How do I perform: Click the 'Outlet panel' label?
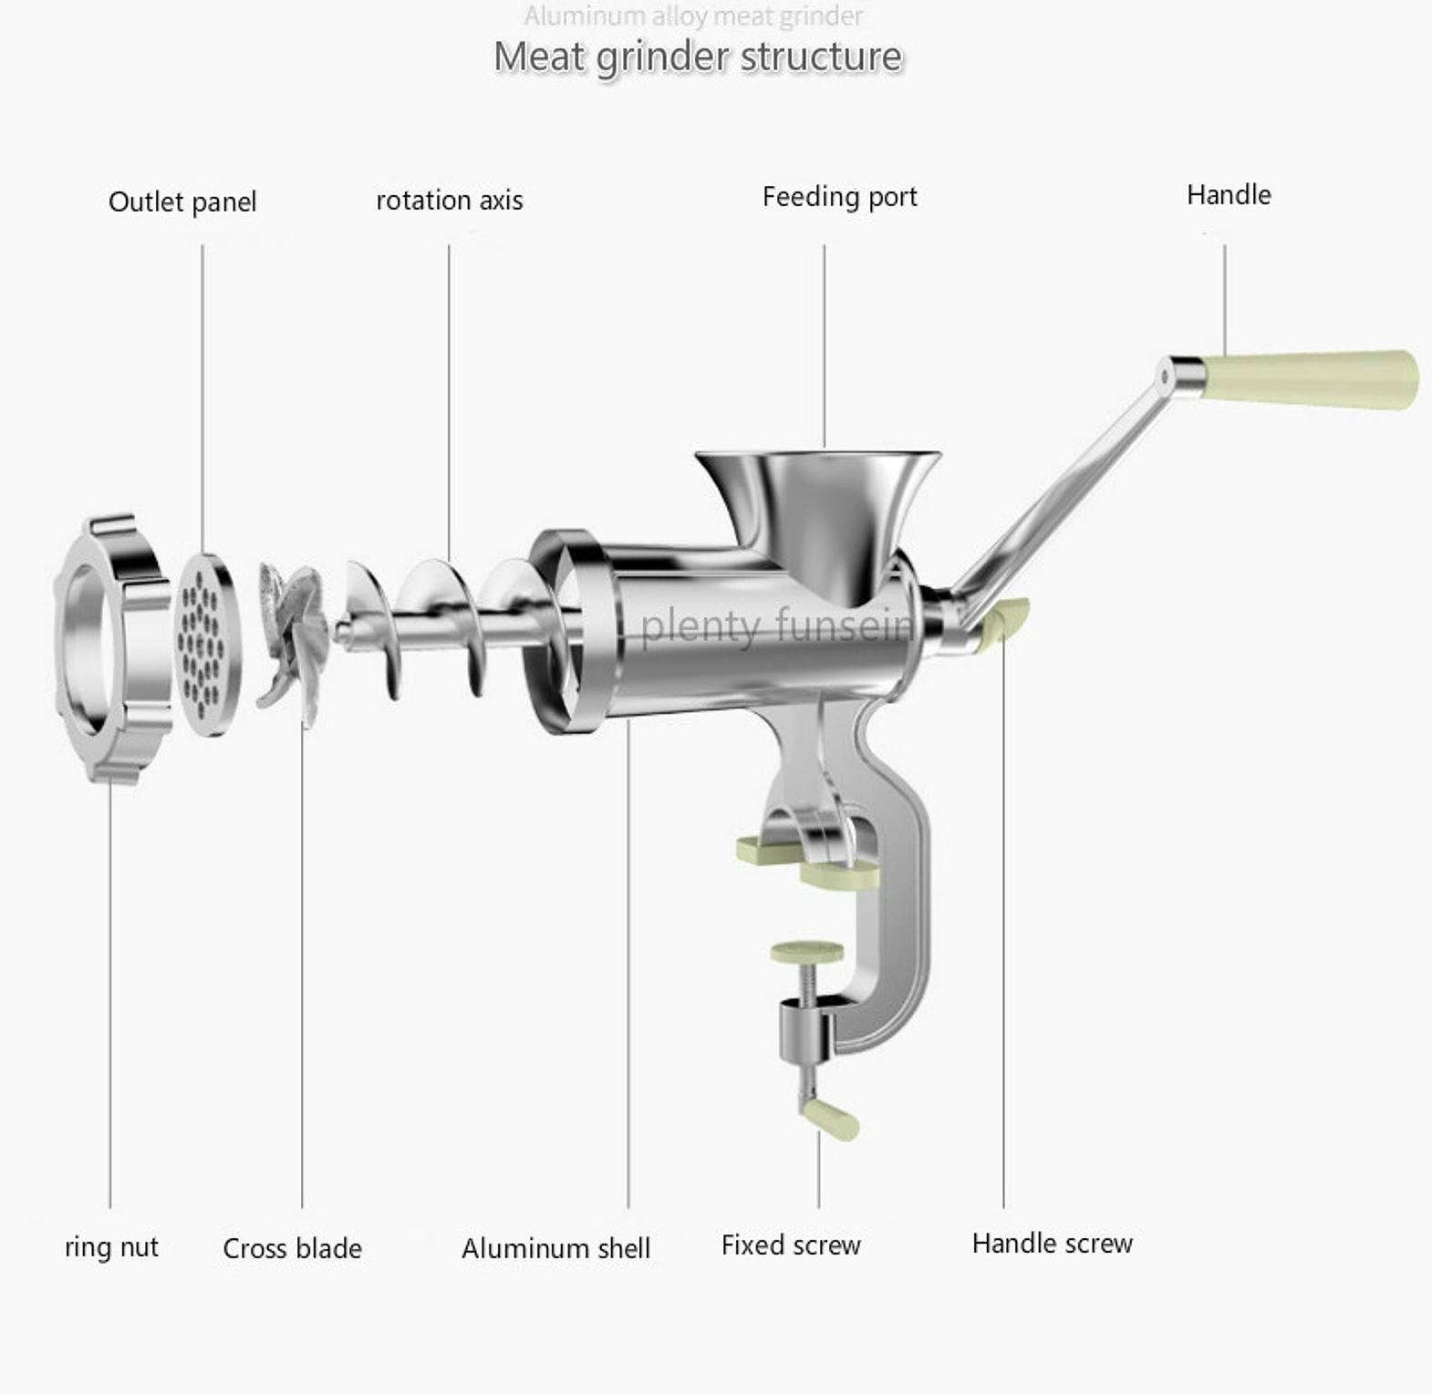(182, 201)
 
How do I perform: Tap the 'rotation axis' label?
(450, 201)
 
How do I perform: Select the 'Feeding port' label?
(840, 197)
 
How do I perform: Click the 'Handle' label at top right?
(1229, 194)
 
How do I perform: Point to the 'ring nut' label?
(111, 1246)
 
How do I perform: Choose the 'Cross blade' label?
(292, 1248)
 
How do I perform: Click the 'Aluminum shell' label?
(555, 1248)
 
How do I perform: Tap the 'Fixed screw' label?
(791, 1245)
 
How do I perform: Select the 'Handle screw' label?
(1053, 1243)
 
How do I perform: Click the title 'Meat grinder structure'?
(698, 57)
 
